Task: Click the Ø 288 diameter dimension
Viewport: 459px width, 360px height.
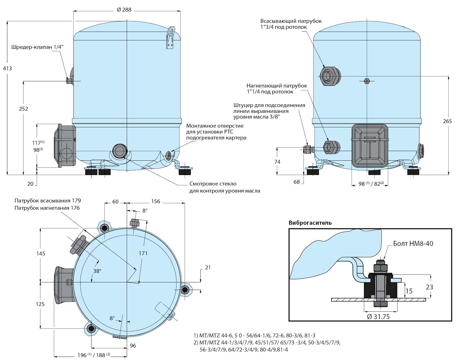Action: (124, 10)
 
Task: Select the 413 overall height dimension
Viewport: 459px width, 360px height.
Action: (7, 68)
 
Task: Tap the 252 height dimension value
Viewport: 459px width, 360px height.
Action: (23, 109)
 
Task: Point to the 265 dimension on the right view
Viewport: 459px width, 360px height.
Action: (447, 121)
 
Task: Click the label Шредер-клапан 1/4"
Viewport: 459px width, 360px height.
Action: (37, 47)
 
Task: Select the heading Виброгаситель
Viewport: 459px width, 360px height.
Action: (310, 223)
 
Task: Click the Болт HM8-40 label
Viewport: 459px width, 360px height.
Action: (413, 244)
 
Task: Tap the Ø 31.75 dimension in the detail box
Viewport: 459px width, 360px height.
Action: (378, 317)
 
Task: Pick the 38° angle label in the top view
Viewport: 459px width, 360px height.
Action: (97, 271)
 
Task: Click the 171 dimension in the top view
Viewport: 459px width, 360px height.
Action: (143, 253)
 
